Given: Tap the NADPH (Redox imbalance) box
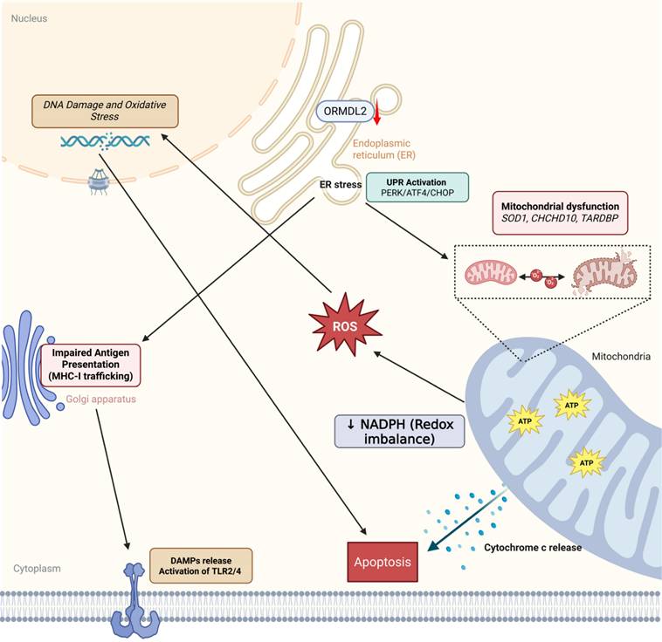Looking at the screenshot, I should (399, 430).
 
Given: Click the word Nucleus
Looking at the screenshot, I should (29, 17).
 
